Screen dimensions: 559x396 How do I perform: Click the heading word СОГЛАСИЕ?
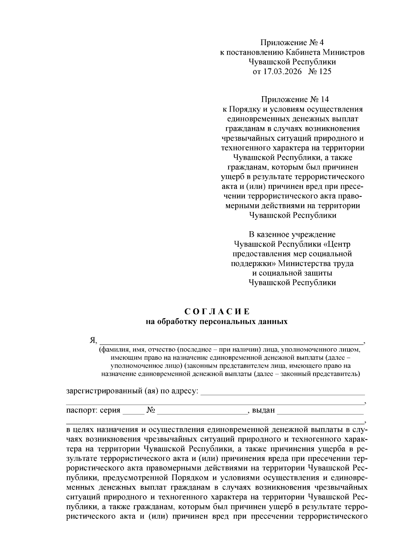217,312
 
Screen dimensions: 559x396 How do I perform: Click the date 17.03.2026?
282,71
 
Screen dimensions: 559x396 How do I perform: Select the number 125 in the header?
325,71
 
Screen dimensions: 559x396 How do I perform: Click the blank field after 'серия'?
133,411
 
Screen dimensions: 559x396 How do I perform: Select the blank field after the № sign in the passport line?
202,411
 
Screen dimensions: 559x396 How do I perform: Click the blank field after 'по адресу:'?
282,392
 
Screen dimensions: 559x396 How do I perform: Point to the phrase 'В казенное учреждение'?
292,235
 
